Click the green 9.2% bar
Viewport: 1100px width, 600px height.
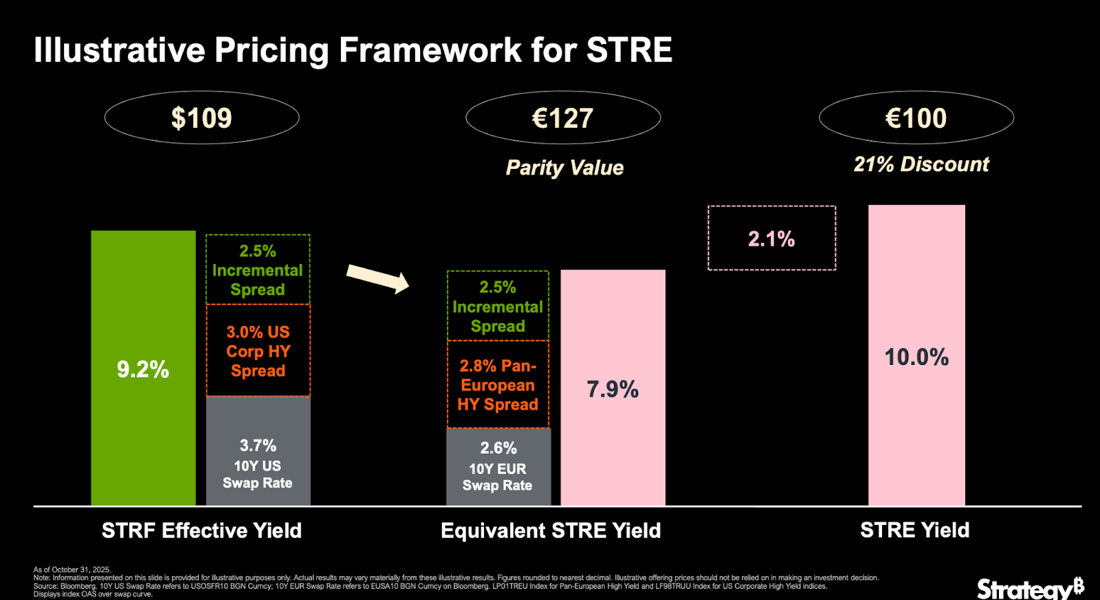(x=143, y=368)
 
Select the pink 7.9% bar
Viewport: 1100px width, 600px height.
(x=613, y=388)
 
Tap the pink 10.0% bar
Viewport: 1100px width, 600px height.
(x=916, y=356)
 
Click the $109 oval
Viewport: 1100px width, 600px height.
(x=201, y=118)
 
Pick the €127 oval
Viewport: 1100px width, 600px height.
(x=563, y=118)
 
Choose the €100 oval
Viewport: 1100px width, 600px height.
(x=916, y=118)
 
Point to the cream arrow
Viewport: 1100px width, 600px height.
(x=377, y=278)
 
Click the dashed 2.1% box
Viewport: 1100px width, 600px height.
(x=771, y=238)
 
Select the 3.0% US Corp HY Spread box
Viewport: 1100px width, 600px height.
(x=258, y=351)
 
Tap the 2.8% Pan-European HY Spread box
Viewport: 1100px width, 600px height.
(x=498, y=385)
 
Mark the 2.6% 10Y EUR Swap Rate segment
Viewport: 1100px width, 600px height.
(x=498, y=466)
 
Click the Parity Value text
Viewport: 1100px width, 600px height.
(x=564, y=168)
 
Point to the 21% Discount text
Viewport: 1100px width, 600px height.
(x=921, y=164)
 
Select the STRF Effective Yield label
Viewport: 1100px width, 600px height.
(x=201, y=530)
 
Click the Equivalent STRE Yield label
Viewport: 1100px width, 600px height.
(x=551, y=530)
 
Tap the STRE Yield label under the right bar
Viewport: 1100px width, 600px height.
(x=914, y=530)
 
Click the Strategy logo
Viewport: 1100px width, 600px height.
(x=1030, y=588)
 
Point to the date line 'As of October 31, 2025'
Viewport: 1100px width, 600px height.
(x=72, y=570)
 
